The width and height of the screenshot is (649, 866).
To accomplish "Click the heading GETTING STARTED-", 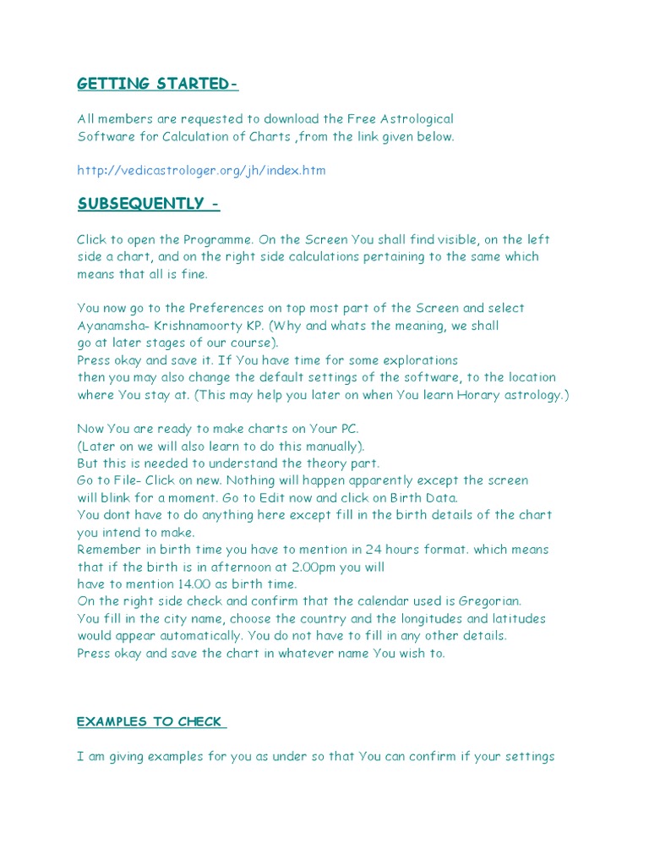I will click(158, 83).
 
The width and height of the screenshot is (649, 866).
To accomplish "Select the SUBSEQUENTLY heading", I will click(149, 204).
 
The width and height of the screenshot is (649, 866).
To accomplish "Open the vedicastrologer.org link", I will click(201, 170).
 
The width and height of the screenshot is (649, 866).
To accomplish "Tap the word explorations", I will click(419, 360).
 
